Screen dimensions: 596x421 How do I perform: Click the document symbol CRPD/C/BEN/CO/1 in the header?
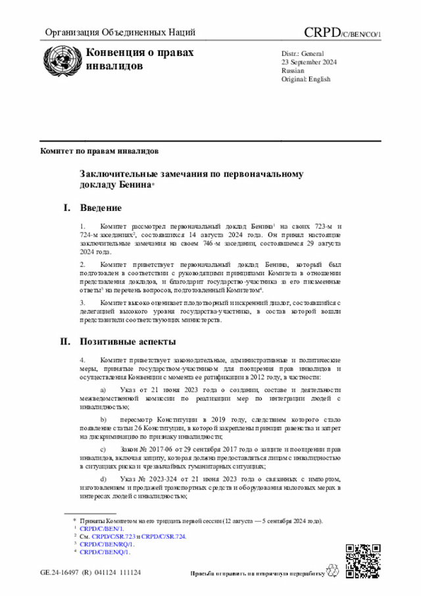pos(342,33)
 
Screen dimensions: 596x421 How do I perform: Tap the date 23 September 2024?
pos(309,62)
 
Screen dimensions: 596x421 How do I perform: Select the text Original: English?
pos(306,79)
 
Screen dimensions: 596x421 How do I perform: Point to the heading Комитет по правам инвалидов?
pos(99,151)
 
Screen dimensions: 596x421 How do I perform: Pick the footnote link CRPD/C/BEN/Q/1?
pos(105,552)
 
